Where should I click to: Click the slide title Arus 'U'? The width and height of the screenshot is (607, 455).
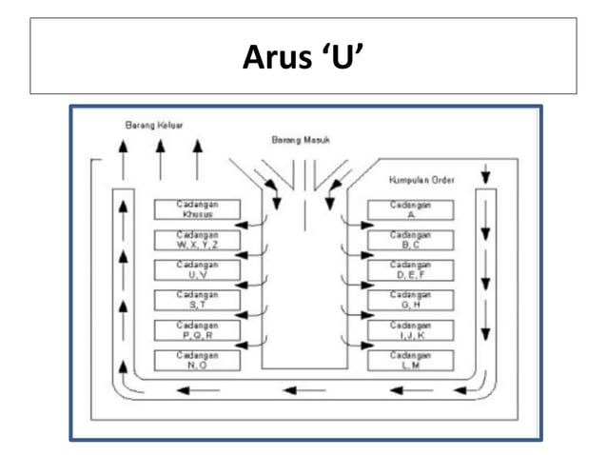pyautogui.click(x=303, y=56)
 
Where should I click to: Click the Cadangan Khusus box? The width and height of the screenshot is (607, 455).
pyautogui.click(x=197, y=209)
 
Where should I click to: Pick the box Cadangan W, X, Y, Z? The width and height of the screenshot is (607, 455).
pyautogui.click(x=197, y=239)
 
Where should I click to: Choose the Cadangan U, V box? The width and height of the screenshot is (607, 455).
pyautogui.click(x=197, y=269)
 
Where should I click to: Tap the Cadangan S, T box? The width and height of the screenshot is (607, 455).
pyautogui.click(x=197, y=300)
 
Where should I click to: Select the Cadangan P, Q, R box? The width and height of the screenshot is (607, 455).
pyautogui.click(x=197, y=330)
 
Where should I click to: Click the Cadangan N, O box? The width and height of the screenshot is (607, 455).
pyautogui.click(x=197, y=360)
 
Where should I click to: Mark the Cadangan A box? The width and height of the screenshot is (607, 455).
pyautogui.click(x=410, y=209)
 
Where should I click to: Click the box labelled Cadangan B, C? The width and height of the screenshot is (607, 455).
pyautogui.click(x=410, y=239)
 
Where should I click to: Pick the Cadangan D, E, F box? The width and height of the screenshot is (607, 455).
pyautogui.click(x=410, y=269)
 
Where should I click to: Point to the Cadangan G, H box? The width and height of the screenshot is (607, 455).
pyautogui.click(x=410, y=300)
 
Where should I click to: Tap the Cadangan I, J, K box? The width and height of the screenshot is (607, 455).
pyautogui.click(x=410, y=330)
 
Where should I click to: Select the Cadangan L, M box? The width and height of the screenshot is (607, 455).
pyautogui.click(x=410, y=360)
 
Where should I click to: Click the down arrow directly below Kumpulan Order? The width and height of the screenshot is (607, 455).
pyautogui.click(x=485, y=175)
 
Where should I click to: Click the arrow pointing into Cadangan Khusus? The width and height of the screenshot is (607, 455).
pyautogui.click(x=252, y=225)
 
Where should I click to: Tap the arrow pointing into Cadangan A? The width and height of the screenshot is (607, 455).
pyautogui.click(x=355, y=225)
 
